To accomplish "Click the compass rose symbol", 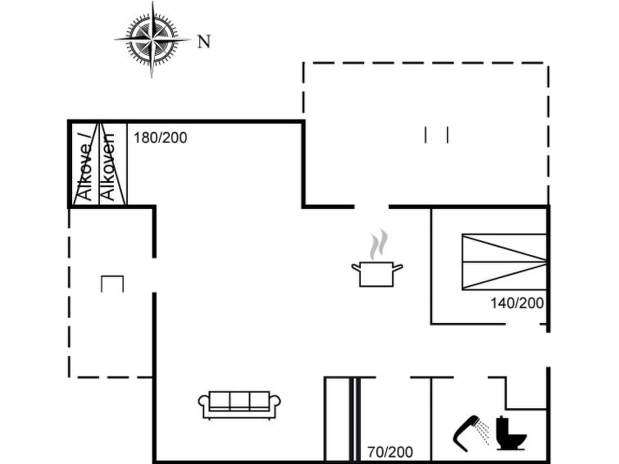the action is pyautogui.click(x=152, y=39).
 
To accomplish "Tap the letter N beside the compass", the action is pyautogui.click(x=203, y=42).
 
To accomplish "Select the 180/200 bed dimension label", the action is pyautogui.click(x=160, y=138).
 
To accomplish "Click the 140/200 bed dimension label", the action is pyautogui.click(x=517, y=303).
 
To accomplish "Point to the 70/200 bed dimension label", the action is pyautogui.click(x=390, y=453).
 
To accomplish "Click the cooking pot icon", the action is pyautogui.click(x=377, y=274).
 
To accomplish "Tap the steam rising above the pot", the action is pyautogui.click(x=378, y=244).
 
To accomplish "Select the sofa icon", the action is pyautogui.click(x=239, y=405).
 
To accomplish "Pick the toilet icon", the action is pyautogui.click(x=511, y=433).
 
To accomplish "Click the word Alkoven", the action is pyautogui.click(x=107, y=166).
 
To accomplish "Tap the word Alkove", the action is pyautogui.click(x=85, y=171).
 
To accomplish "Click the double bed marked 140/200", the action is pyautogui.click(x=504, y=262).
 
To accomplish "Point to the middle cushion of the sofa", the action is pyautogui.click(x=239, y=400).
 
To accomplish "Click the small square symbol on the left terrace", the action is pyautogui.click(x=112, y=284).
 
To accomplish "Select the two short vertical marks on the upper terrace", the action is pyautogui.click(x=436, y=134).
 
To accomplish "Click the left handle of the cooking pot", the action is pyautogui.click(x=356, y=267).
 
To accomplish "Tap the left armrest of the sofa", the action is pyautogui.click(x=203, y=405).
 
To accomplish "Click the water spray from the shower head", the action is pyautogui.click(x=483, y=431).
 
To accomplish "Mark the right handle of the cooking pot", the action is pyautogui.click(x=398, y=267).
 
